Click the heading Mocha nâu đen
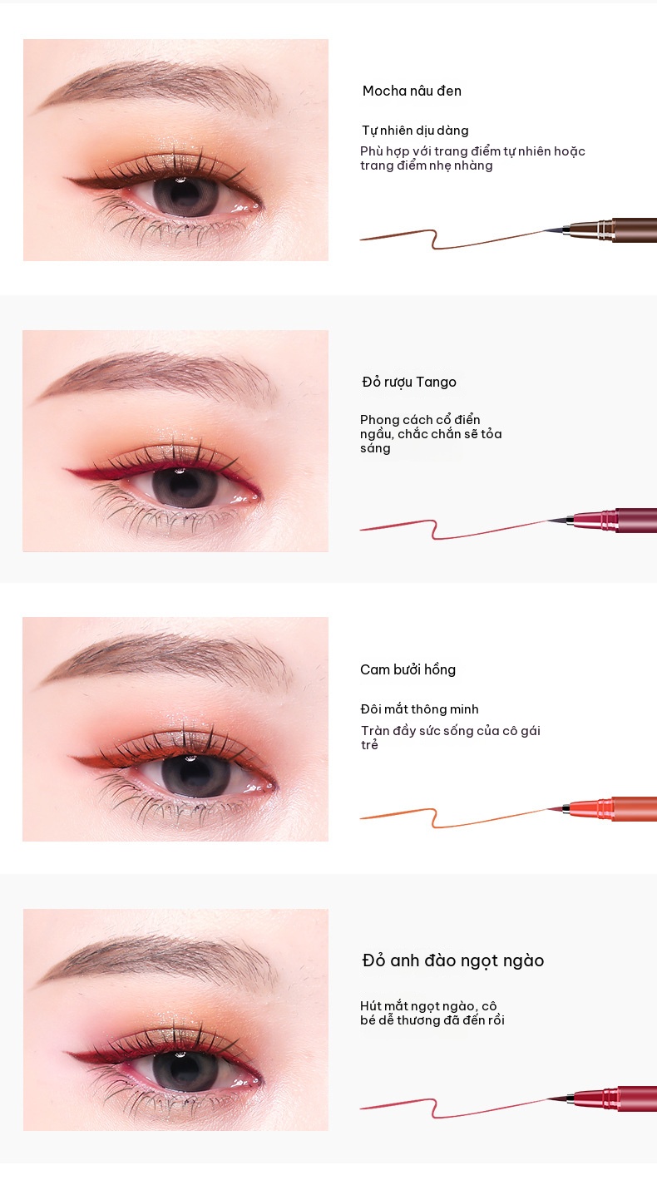(x=412, y=91)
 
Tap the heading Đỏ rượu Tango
(x=409, y=383)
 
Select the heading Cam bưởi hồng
(x=408, y=670)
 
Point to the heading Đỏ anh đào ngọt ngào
(x=453, y=960)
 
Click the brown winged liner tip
(x=66, y=179)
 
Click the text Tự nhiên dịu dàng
(x=415, y=131)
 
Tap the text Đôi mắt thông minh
(x=419, y=709)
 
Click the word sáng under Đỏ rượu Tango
(x=375, y=449)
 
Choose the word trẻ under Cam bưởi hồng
(x=369, y=745)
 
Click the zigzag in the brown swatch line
(x=434, y=239)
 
